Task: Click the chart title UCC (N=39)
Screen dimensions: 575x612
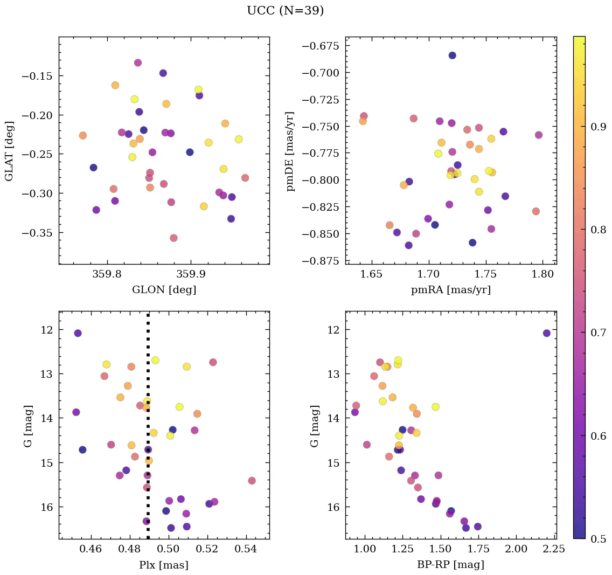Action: pos(285,11)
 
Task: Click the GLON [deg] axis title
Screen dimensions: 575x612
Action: pos(164,290)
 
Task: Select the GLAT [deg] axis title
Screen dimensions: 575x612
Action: pos(9,151)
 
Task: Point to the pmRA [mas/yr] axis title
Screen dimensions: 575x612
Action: pos(450,290)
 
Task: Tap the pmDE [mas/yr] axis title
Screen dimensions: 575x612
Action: pos(291,151)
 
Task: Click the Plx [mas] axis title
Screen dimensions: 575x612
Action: pos(164,565)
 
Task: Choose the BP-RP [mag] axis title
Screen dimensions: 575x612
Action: pos(450,565)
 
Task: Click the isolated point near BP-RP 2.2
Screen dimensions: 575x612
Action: pos(547,333)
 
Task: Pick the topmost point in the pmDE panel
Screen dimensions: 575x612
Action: pos(452,56)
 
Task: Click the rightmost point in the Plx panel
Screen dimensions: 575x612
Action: pos(252,481)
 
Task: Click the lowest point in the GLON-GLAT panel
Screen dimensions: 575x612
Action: pos(173,238)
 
